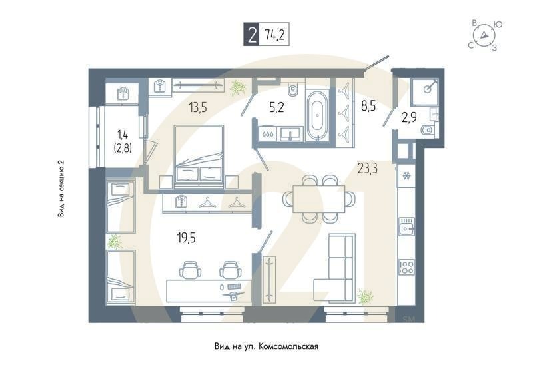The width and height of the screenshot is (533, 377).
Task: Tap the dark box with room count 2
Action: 251,35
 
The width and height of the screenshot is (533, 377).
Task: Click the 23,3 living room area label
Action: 367,169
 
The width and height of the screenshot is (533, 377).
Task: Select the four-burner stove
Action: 406,268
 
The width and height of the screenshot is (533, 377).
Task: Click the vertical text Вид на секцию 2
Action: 61,188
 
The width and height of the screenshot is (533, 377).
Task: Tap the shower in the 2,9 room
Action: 424,93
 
